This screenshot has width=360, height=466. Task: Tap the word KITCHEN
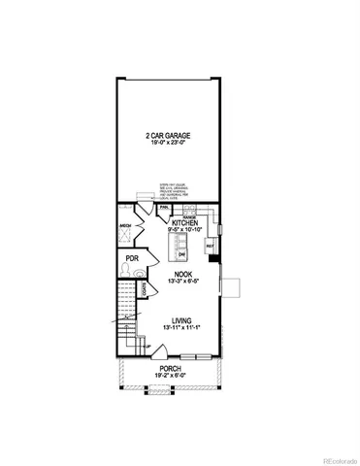[x=184, y=222]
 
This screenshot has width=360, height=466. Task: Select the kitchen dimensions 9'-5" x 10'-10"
[x=184, y=230]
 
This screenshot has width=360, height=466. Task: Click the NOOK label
[x=181, y=276]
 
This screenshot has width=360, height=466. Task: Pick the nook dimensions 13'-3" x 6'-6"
[x=181, y=283]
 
